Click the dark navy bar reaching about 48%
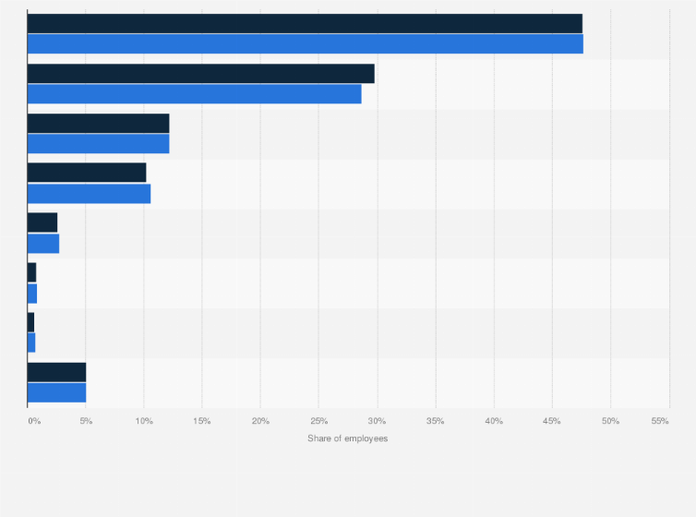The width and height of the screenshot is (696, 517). coord(305,24)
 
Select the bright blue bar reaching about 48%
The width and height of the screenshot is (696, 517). coord(305,43)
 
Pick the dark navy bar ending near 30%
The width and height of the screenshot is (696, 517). coord(200,74)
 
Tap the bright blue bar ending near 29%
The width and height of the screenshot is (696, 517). coord(194,93)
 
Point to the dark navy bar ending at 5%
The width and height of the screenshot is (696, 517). coord(56,372)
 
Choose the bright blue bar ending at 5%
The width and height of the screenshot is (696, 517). coord(56,391)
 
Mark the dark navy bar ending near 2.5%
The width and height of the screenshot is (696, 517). coord(42,222)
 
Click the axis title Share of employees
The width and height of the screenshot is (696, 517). coord(348,438)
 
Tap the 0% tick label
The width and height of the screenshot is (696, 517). coord(34,421)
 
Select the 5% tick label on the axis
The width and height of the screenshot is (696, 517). coord(86,421)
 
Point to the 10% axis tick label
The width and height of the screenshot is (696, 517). coord(144,421)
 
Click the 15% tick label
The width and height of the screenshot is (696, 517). coord(202,421)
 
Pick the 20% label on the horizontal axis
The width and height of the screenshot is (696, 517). coord(260,421)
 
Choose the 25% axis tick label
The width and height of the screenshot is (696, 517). coord(318,421)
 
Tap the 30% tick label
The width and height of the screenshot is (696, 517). coord(377,421)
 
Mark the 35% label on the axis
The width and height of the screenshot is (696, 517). coord(436,421)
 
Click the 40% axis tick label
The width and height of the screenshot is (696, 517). coord(494,421)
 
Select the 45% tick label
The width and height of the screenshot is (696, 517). coord(552,421)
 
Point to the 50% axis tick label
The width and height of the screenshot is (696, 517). coord(610,421)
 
